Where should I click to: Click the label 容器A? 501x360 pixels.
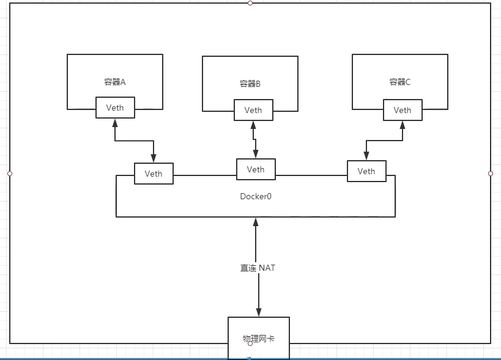point(114,81)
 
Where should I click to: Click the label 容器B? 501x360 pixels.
point(250,84)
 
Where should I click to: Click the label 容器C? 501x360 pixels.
point(399,81)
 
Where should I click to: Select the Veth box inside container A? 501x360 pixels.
point(115,108)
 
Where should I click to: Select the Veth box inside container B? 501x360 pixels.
point(253,110)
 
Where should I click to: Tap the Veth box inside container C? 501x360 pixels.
point(402,110)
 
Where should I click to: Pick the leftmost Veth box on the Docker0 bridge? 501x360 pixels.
point(154,174)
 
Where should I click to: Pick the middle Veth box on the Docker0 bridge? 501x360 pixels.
point(256,169)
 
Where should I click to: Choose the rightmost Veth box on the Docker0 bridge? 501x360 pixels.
point(366,171)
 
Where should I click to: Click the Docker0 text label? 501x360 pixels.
point(256,197)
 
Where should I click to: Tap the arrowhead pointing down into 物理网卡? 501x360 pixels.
point(258,312)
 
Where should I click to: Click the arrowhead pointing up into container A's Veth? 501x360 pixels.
point(114,123)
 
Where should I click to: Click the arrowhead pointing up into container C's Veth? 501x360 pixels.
point(403,125)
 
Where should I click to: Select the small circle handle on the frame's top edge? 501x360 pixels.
point(250,3)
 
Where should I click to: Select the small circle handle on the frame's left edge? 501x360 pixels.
point(9,174)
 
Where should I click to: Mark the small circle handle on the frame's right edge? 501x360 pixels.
point(491,174)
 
